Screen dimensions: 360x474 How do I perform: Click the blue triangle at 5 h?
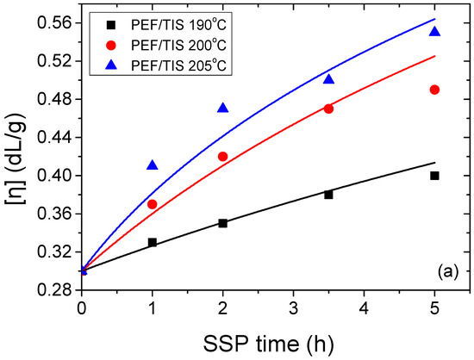(434, 32)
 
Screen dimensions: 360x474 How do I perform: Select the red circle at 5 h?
(434, 90)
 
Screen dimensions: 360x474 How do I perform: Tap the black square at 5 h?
(434, 176)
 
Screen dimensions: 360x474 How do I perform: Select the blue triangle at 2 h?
(223, 108)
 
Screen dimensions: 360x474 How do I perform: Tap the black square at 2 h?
(223, 223)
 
